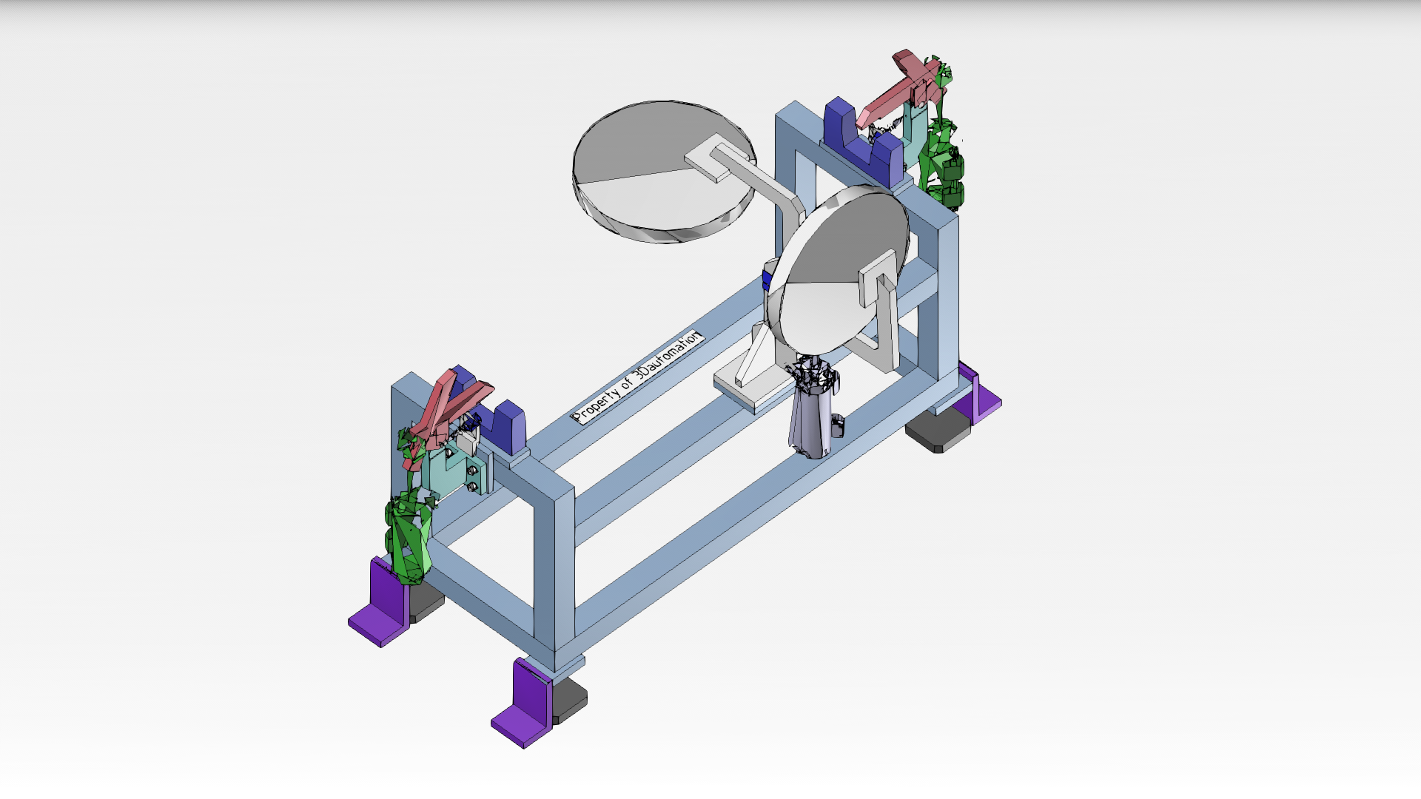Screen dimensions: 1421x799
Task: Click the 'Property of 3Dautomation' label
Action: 638,377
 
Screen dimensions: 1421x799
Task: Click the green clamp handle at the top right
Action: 940,141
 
